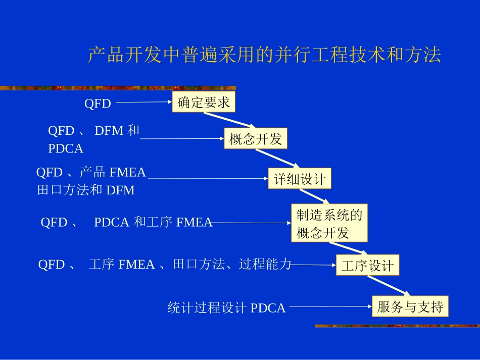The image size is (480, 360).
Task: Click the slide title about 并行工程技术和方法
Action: (264, 55)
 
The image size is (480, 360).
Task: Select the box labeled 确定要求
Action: (204, 102)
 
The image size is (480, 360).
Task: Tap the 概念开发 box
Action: (256, 139)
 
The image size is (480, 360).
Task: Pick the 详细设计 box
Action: (300, 179)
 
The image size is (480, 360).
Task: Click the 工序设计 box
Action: (367, 265)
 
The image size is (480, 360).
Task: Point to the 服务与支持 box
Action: (410, 306)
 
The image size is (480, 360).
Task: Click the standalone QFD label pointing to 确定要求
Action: (98, 104)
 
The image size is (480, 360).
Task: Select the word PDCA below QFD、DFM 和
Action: (66, 149)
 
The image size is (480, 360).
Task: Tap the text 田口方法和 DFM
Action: (86, 190)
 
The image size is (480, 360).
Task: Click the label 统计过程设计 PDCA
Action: (226, 307)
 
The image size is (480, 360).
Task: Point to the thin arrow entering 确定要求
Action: (144, 102)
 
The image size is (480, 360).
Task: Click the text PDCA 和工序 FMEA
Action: (153, 222)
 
